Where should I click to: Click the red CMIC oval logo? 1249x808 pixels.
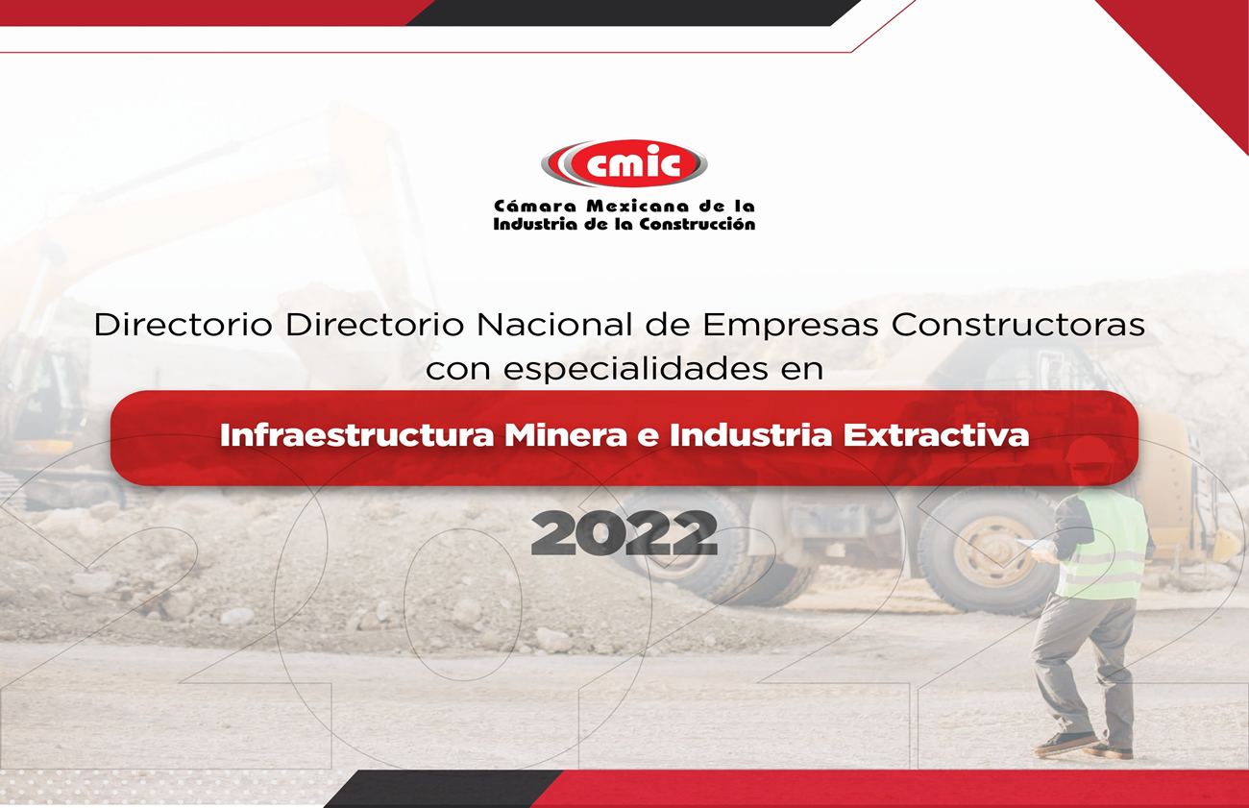click(624, 162)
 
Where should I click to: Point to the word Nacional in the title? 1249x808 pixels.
click(554, 325)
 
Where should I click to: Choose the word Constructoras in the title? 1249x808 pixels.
click(1018, 325)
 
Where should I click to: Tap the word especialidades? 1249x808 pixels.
click(636, 369)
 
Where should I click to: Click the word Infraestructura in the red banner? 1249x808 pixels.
click(356, 435)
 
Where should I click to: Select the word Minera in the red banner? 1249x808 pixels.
click(566, 435)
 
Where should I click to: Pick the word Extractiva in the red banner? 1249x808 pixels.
click(936, 435)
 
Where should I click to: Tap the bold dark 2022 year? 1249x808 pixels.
click(624, 533)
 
